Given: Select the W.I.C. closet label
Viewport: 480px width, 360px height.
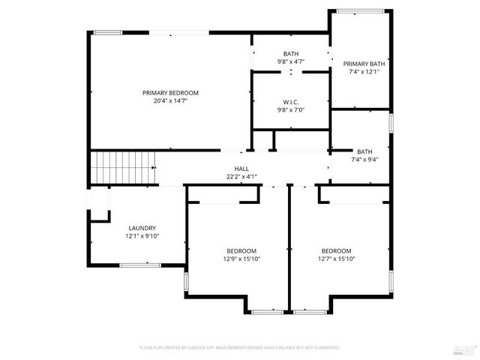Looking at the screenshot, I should click(292, 102).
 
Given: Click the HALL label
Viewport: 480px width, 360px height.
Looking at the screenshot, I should click(241, 169).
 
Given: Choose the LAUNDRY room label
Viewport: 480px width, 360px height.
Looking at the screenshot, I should click(142, 228).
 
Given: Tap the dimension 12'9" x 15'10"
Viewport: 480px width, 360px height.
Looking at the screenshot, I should click(241, 259).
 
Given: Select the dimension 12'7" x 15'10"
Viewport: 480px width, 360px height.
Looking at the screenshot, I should click(336, 259).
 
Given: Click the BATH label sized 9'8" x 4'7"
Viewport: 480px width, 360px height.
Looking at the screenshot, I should click(291, 53).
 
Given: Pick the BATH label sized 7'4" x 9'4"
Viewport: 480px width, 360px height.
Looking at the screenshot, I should click(364, 151).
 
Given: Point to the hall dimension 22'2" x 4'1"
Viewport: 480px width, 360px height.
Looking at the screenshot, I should click(241, 177).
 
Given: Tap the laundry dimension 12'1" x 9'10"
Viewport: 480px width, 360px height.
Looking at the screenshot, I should click(142, 236).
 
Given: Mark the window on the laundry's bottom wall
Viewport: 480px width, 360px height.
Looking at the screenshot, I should click(140, 265).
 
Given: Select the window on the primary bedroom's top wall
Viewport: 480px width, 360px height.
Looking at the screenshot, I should click(108, 32).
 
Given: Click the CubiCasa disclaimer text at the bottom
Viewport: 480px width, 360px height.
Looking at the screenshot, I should click(240, 348).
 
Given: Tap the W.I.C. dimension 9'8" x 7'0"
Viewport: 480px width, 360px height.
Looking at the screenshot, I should click(292, 110).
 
